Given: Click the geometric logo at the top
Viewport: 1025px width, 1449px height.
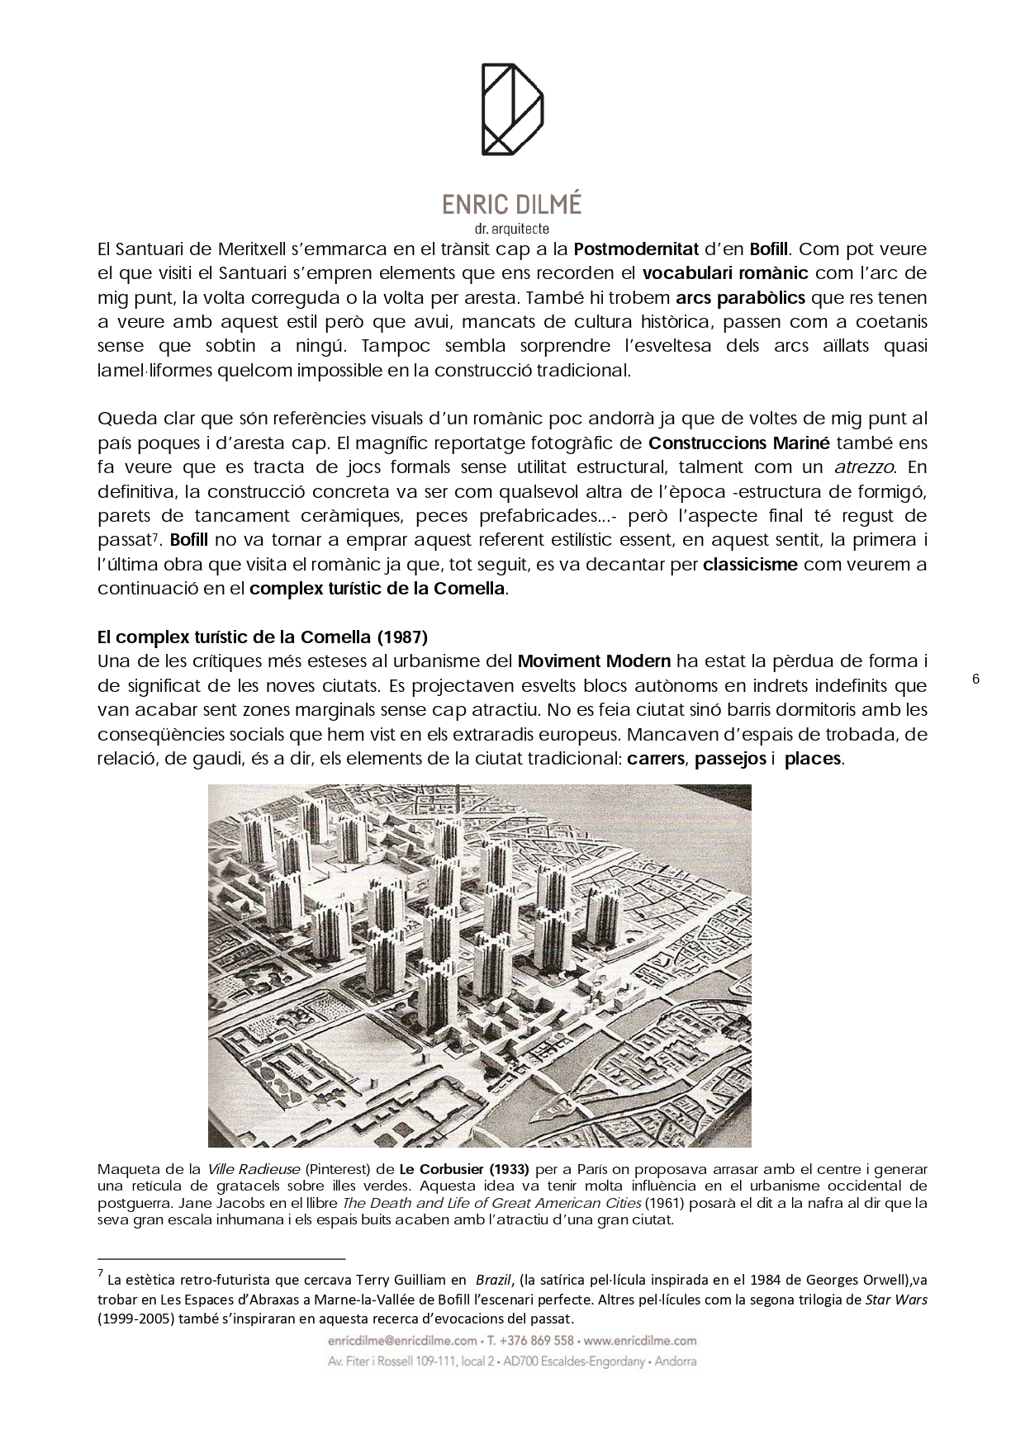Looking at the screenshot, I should [x=512, y=109].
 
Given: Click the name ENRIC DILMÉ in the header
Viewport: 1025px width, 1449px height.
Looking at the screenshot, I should [x=512, y=205].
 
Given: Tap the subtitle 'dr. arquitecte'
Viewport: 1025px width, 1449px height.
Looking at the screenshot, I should [x=512, y=229].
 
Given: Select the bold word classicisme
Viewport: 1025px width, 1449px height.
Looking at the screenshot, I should [x=750, y=565].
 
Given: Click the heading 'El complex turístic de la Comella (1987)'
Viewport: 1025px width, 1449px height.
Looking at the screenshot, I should [x=263, y=637].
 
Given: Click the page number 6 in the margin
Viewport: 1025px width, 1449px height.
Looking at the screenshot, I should [x=975, y=679].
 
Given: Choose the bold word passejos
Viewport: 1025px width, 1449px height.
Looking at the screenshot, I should [x=730, y=759].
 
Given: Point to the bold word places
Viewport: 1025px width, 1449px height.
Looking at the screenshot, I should [x=813, y=759].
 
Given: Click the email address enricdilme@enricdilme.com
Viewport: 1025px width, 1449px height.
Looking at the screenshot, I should [x=403, y=1341].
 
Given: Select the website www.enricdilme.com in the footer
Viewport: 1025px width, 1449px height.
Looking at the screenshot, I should [x=641, y=1341].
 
